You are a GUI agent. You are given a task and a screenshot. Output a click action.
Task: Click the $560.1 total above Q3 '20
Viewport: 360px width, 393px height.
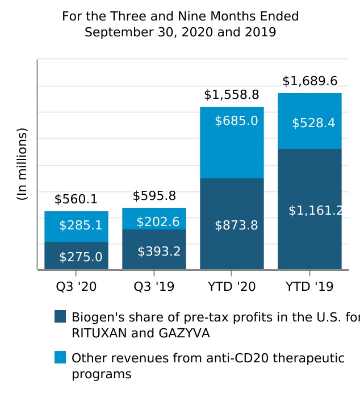click(76, 199)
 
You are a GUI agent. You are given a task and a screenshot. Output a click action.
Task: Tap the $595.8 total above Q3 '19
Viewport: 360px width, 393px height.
click(154, 196)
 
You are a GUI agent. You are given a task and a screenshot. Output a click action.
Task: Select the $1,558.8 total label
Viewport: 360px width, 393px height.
click(231, 95)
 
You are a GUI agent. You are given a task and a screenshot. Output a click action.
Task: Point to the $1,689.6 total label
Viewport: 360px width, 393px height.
click(309, 81)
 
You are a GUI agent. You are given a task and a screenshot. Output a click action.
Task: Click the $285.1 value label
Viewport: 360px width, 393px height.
click(81, 225)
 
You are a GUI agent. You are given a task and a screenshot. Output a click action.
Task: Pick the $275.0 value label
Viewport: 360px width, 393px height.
click(81, 257)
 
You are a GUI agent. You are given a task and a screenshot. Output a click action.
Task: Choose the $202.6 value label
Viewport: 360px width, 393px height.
click(158, 222)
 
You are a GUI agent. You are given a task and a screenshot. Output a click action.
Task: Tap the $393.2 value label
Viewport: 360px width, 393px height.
click(159, 251)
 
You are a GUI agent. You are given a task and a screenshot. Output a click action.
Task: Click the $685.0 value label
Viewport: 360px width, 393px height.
click(236, 121)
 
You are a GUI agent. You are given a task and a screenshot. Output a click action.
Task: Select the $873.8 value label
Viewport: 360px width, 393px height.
click(236, 225)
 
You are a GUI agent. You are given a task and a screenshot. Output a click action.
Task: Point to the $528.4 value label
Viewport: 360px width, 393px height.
click(313, 123)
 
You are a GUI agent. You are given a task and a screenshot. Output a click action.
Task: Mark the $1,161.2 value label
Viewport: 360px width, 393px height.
click(316, 211)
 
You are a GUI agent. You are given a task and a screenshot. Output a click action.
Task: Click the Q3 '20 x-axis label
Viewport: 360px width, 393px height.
click(76, 287)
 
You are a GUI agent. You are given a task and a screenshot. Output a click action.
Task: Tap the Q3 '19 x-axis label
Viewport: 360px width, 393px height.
click(154, 287)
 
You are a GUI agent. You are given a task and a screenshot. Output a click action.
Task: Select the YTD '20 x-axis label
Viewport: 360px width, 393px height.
click(232, 287)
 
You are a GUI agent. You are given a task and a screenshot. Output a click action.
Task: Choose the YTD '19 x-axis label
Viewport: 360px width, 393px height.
click(309, 287)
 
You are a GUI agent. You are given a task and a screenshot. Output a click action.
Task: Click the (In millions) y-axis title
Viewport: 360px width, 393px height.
click(22, 164)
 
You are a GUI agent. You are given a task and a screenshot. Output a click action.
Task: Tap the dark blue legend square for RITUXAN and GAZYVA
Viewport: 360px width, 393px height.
click(60, 316)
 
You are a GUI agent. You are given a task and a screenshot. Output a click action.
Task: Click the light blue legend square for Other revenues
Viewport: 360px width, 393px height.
click(60, 357)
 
